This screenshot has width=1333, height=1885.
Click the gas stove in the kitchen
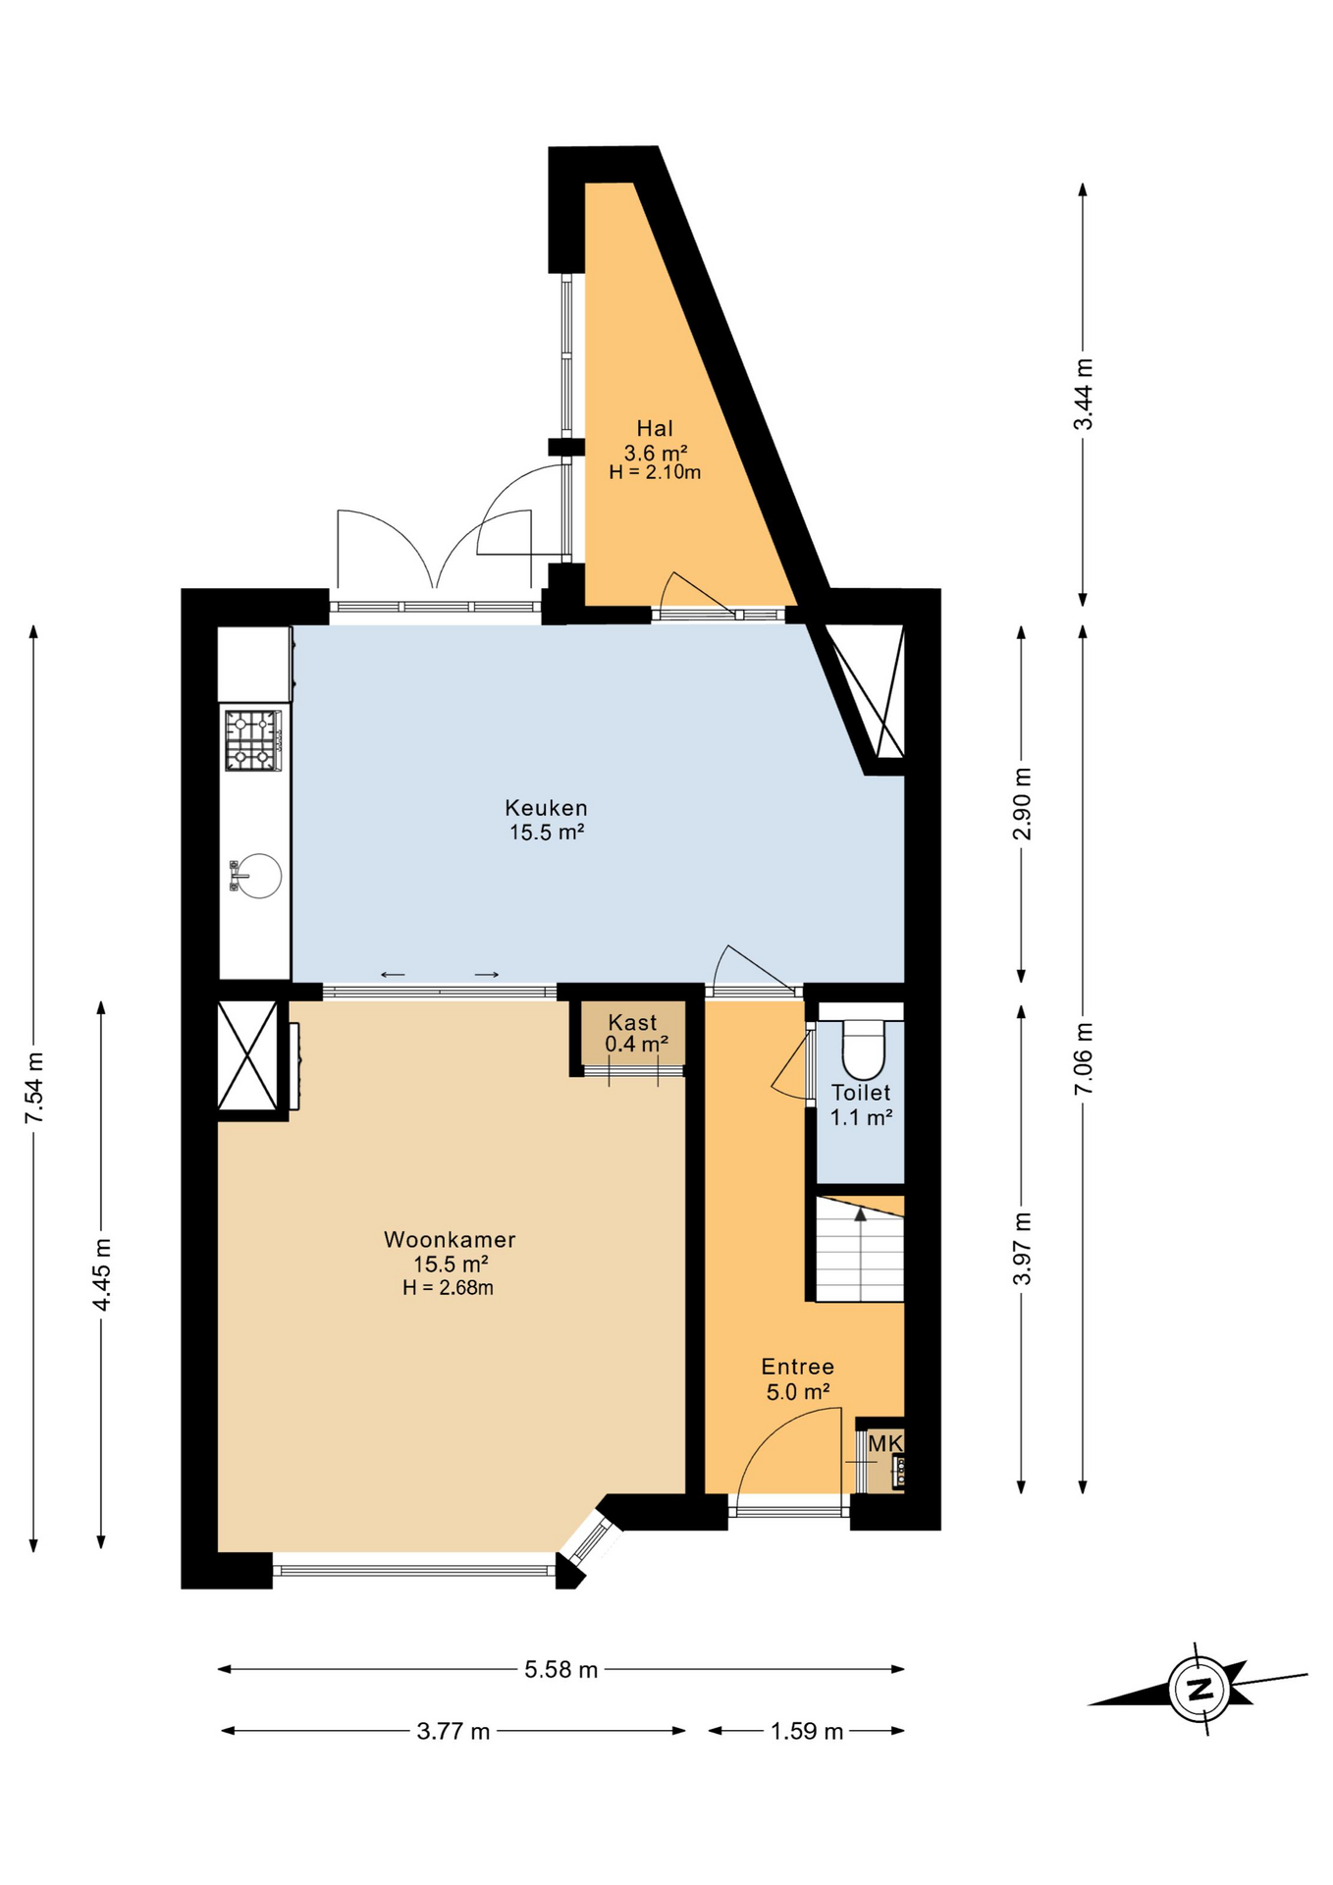coord(253,740)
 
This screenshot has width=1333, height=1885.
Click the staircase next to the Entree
coord(860,1249)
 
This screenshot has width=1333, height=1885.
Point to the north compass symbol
coord(1199,1689)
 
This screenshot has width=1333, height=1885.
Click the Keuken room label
coord(546,808)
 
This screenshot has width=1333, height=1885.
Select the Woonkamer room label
coord(450,1239)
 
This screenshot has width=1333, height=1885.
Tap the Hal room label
coord(655,428)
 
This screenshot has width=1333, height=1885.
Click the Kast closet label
coord(632,1022)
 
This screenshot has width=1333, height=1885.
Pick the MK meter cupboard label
coord(884,1443)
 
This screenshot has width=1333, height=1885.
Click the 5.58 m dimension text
coord(560,1669)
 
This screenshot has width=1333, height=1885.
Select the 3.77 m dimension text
coord(453,1730)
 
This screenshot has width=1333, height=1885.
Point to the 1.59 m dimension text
coord(806,1730)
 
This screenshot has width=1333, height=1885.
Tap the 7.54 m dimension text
coord(34,1088)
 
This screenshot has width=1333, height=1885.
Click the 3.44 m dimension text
coord(1083,394)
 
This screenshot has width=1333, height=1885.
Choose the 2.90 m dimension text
coord(1022,803)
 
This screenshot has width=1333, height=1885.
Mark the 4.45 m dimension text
coord(101,1273)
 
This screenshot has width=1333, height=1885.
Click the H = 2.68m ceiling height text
coord(448,1288)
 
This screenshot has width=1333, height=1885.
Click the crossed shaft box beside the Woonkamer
coord(246,1055)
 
